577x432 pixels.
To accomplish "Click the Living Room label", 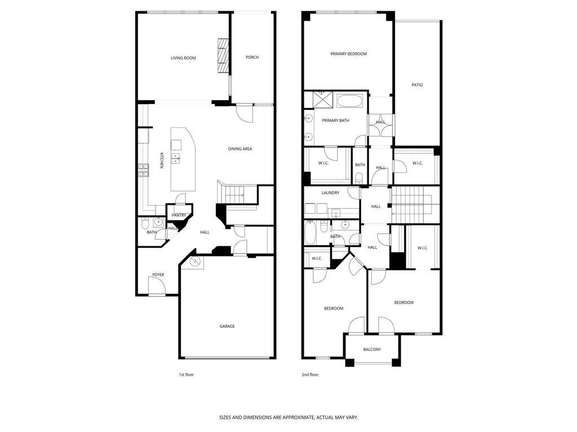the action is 183,58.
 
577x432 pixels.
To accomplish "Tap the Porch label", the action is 252,57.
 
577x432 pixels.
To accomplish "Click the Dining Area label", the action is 240,148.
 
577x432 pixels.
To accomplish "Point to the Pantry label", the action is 179,215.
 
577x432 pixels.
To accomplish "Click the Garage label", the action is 227,326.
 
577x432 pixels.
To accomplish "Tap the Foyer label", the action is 158,274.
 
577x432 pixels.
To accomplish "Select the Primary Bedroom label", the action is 348,54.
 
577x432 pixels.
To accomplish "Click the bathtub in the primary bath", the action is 350,101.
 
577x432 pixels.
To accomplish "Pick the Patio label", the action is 418,85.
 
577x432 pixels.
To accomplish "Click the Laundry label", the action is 330,193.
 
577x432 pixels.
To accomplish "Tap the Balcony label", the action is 372,349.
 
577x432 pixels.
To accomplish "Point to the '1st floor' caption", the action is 186,375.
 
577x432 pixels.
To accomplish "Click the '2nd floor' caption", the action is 310,375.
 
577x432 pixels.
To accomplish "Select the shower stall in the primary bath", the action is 322,100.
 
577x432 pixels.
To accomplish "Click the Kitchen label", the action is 161,160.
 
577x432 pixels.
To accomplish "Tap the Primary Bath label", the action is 336,120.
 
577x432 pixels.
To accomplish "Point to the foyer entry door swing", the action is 157,285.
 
